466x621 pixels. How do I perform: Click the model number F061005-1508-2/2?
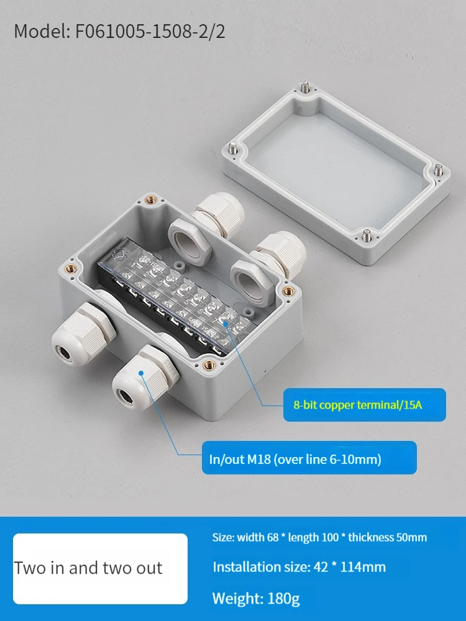click(x=150, y=31)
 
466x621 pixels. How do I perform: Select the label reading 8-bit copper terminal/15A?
click(x=358, y=405)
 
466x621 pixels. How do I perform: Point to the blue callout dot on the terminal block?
click(x=226, y=324)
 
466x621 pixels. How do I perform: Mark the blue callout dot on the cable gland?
click(x=141, y=373)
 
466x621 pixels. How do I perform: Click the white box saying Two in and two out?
click(x=100, y=569)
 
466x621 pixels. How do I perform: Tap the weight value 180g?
click(x=284, y=599)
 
